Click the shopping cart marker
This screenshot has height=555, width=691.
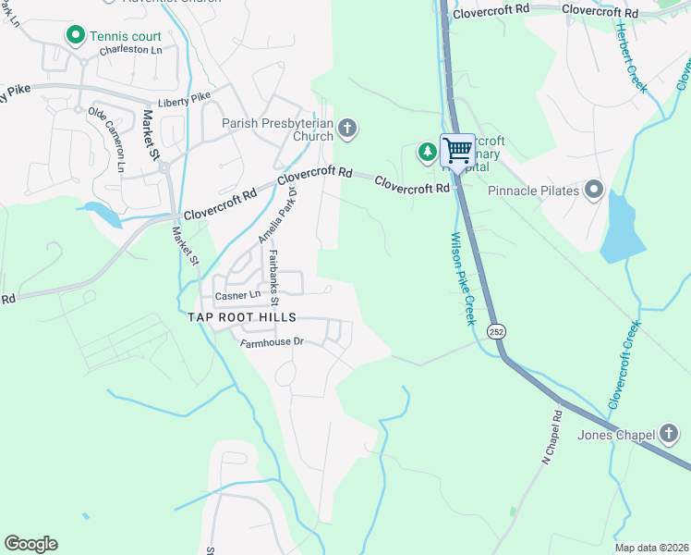pyautogui.click(x=457, y=150)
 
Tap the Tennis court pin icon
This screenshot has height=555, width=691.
pyautogui.click(x=75, y=35)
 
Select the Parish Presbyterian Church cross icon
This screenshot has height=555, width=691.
pyautogui.click(x=347, y=128)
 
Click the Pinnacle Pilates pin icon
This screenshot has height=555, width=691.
pyautogui.click(x=594, y=191)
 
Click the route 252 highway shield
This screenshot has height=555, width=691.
pyautogui.click(x=497, y=331)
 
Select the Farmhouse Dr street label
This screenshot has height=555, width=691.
pyautogui.click(x=272, y=342)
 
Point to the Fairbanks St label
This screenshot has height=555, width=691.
pyautogui.click(x=273, y=276)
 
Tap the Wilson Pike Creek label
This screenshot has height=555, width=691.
pyautogui.click(x=462, y=277)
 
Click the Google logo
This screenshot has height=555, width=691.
pyautogui.click(x=30, y=544)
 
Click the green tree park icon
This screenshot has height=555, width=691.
pyautogui.click(x=428, y=151)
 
